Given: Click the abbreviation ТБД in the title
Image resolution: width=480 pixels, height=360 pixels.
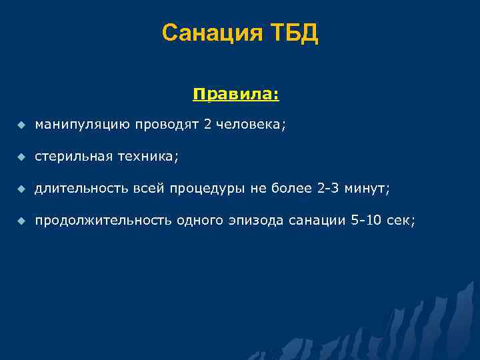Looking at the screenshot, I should click(293, 33).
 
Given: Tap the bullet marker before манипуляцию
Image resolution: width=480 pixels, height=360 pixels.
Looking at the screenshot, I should click(21, 125).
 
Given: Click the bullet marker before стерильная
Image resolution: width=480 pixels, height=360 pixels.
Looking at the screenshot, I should click(21, 157).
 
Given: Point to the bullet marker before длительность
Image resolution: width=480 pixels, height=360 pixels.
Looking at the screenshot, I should click(21, 189).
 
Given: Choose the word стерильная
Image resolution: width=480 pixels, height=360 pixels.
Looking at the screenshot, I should click(73, 156).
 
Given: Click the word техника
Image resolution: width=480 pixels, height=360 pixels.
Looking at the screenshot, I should click(149, 156).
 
